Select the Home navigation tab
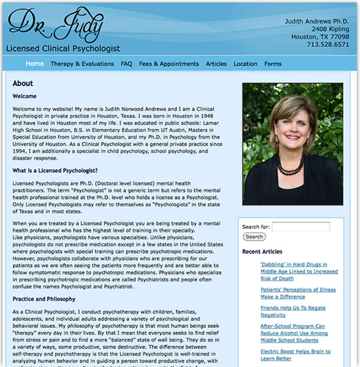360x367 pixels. [35, 64]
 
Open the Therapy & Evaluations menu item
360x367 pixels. [82, 64]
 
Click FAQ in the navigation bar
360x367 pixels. [126, 64]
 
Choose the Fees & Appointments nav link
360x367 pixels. [169, 64]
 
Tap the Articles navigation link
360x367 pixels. [216, 64]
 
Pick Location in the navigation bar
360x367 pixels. [246, 64]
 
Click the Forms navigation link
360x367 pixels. [273, 64]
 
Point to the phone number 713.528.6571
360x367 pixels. [327, 45]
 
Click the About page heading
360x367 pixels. [23, 84]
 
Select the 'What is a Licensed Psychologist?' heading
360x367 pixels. [55, 171]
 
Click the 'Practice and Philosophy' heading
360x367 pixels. [44, 299]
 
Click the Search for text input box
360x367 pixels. [301, 226]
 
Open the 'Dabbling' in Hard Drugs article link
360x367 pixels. [299, 271]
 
